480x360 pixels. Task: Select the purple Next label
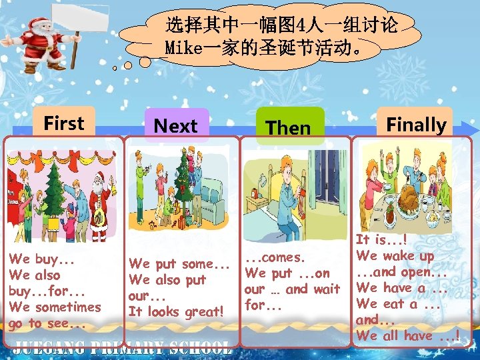click(x=175, y=126)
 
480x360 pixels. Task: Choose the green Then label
click(x=288, y=127)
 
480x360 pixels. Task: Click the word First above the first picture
click(x=64, y=123)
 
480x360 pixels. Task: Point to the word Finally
click(x=416, y=125)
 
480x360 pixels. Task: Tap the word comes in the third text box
click(x=284, y=257)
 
